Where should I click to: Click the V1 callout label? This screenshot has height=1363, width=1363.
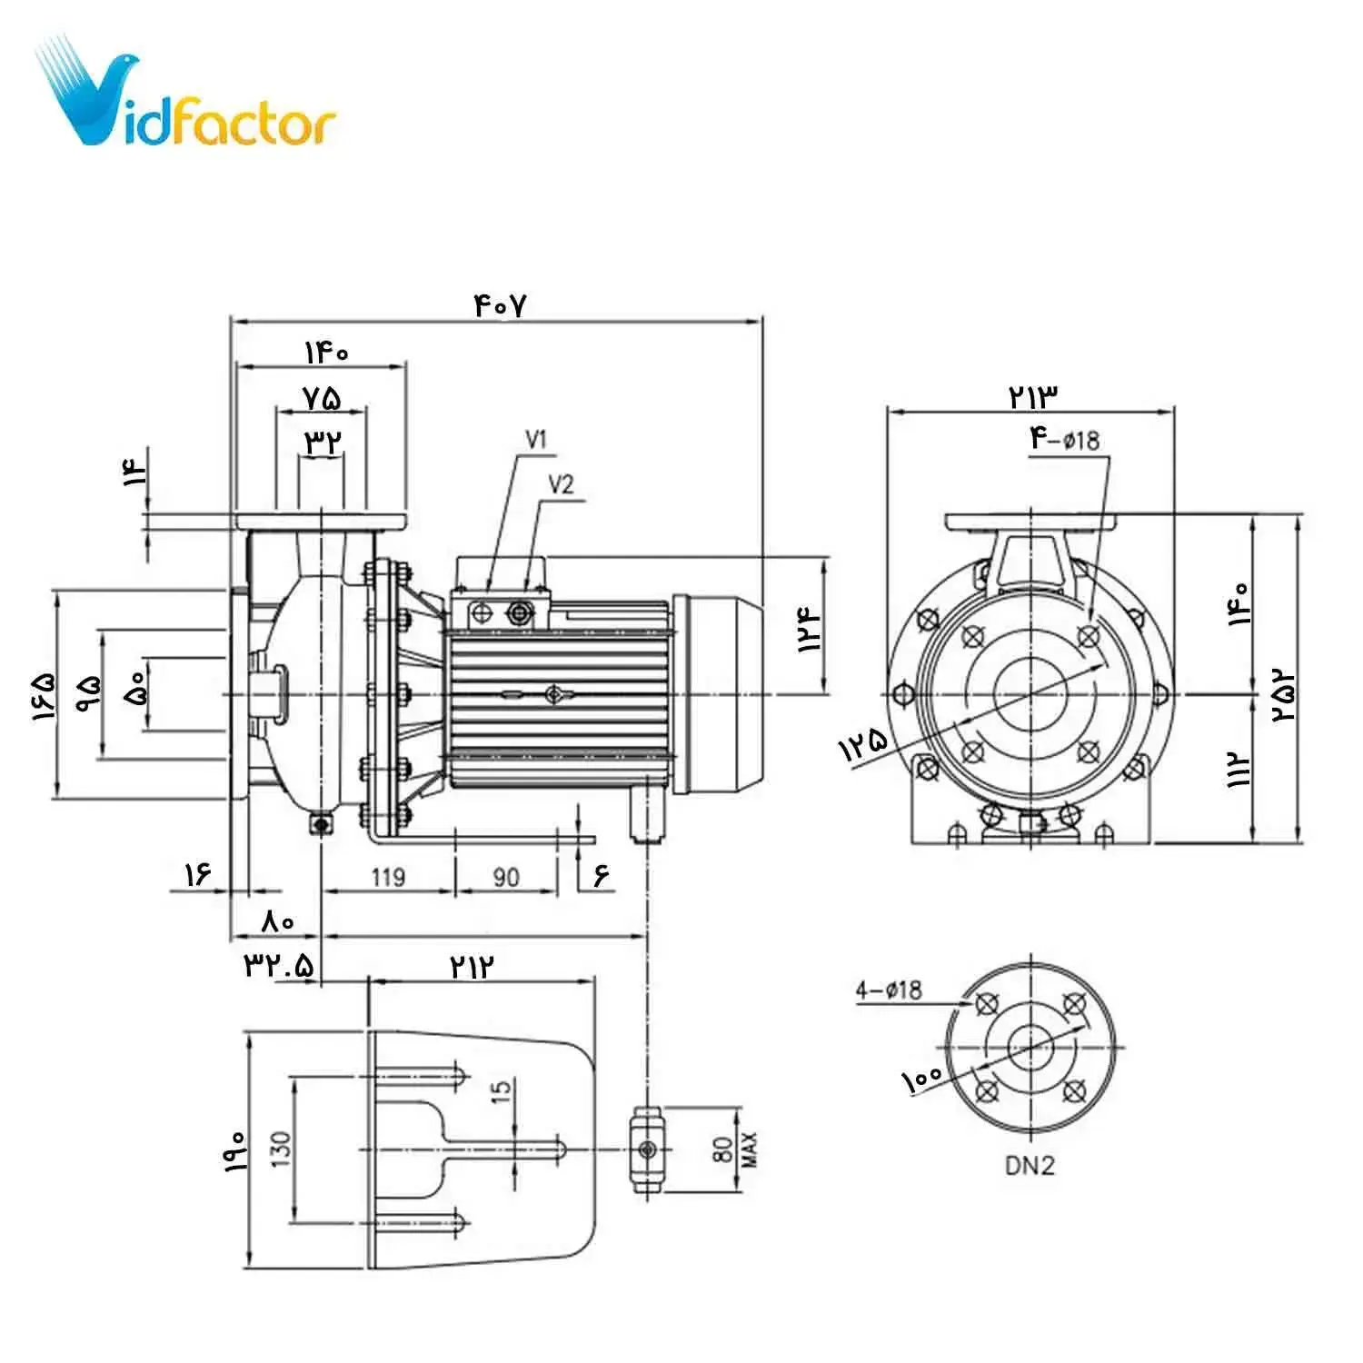[537, 441]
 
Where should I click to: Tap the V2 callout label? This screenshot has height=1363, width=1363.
[562, 484]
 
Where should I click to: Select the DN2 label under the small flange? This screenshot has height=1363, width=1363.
[1030, 1165]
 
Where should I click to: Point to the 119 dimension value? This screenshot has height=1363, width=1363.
[388, 877]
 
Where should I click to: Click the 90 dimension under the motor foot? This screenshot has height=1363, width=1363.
[506, 877]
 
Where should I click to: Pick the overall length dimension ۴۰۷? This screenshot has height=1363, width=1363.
[500, 305]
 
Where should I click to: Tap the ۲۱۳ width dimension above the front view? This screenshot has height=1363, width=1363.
[1032, 396]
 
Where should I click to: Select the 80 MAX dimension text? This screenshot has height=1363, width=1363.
[733, 1149]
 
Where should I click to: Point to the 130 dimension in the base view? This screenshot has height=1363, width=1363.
[280, 1149]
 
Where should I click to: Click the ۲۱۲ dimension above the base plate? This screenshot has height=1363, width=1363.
[473, 966]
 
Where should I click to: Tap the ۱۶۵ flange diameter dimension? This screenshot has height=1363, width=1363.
[44, 696]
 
